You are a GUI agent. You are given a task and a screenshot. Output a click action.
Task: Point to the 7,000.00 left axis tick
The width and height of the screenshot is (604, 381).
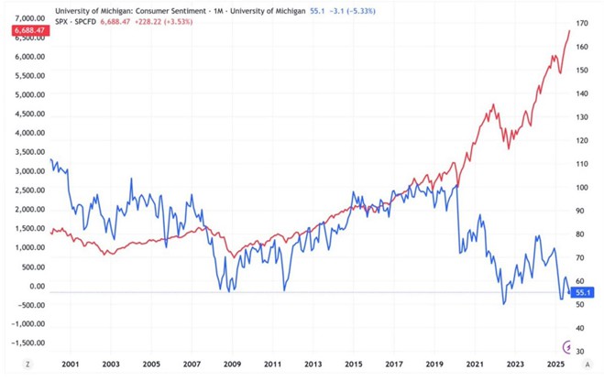[x=31, y=18]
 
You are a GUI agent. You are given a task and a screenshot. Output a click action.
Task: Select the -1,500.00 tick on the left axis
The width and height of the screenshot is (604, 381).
[x=28, y=343]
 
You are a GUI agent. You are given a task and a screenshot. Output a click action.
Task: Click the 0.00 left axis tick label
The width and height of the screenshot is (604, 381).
[x=38, y=286]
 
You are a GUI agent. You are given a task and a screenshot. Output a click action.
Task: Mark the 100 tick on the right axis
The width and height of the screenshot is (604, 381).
[x=581, y=187]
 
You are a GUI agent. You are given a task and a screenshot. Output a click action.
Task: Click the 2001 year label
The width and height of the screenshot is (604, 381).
[x=69, y=364]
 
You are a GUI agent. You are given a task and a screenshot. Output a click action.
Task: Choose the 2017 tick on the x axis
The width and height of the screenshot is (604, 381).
[x=394, y=364]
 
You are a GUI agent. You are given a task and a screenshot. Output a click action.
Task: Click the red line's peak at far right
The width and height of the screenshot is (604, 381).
[x=569, y=31]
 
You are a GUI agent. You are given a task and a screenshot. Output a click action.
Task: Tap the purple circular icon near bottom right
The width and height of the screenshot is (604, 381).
[x=571, y=347]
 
